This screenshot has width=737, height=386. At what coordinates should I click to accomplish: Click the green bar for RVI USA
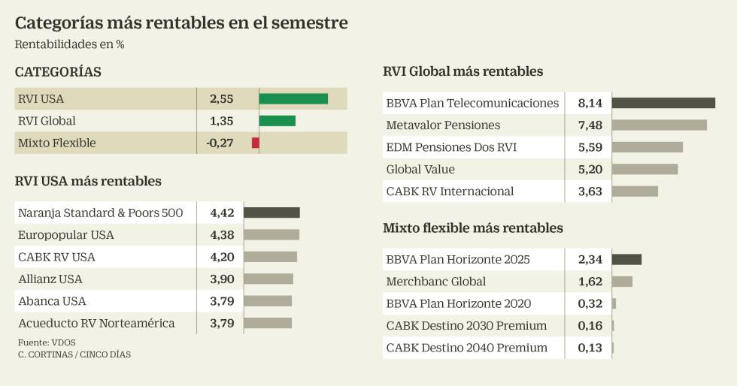(293, 98)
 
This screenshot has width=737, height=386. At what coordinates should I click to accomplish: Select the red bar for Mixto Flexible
(256, 143)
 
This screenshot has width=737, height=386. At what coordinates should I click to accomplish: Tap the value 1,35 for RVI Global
(222, 121)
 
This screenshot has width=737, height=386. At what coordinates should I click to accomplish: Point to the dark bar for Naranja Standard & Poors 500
(271, 213)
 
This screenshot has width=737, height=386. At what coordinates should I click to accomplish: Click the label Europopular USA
(66, 235)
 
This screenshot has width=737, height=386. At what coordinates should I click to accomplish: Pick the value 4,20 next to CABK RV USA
(223, 257)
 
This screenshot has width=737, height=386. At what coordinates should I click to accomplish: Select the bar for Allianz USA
(268, 279)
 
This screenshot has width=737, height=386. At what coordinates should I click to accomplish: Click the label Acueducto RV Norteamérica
(96, 323)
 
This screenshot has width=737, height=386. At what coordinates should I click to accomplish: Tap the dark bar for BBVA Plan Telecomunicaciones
(663, 103)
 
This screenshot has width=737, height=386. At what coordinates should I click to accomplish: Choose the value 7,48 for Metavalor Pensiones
(590, 125)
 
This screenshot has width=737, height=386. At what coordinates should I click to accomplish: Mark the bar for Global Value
(644, 169)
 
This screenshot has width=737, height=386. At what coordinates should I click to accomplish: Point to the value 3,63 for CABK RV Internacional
(590, 191)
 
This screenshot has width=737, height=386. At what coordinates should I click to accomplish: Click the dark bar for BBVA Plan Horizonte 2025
(626, 259)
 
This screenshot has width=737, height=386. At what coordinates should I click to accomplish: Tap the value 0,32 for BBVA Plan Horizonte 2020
(590, 303)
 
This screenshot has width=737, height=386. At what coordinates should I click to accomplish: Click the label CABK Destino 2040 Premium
(466, 348)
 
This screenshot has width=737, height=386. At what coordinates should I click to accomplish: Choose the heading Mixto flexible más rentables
(473, 228)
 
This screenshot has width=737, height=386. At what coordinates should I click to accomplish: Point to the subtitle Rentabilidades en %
(69, 44)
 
